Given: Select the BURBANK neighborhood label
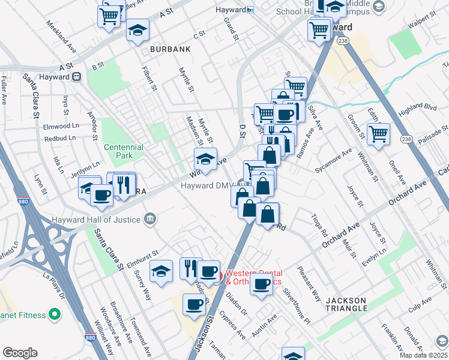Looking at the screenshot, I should tap(166, 49).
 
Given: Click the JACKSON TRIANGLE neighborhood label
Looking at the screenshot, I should tap(346, 304).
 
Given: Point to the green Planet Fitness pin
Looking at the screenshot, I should tap(55, 314).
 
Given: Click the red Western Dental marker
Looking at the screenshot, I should tap(218, 277).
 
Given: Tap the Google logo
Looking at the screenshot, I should tap(20, 353).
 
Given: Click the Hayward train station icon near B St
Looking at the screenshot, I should tap(77, 77).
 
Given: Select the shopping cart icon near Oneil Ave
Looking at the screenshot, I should tap(378, 135).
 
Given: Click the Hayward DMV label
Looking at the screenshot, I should tap(206, 185).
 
